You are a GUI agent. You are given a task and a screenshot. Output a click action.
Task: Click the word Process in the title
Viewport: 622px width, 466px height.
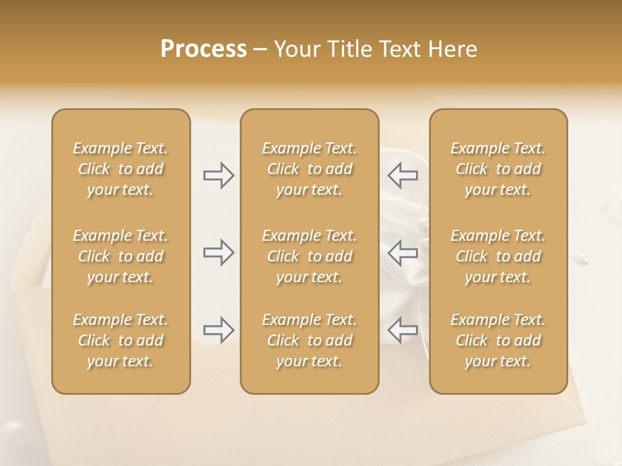click(x=203, y=49)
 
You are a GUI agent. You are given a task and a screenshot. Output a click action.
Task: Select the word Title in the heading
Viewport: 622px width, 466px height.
click(x=349, y=49)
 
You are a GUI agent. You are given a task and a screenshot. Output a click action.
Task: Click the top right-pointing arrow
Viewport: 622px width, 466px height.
click(x=219, y=175)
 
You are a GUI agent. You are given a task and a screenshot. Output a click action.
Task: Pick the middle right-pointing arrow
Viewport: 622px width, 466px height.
click(x=219, y=252)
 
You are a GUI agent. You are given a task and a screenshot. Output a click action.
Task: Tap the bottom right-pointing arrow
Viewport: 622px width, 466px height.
click(x=219, y=330)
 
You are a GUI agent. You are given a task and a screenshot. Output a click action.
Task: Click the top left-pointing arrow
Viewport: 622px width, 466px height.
click(x=403, y=175)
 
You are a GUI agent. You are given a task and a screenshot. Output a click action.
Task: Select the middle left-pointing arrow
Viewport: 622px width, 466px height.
click(x=403, y=252)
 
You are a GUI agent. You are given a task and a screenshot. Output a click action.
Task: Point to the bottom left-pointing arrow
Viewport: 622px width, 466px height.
click(x=403, y=330)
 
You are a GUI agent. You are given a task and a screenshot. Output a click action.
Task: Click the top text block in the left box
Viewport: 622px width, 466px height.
click(x=121, y=169)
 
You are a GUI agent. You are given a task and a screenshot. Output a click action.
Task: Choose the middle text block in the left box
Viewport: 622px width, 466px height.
click(x=121, y=256)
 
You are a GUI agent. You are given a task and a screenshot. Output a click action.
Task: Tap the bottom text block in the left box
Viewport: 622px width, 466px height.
click(x=121, y=340)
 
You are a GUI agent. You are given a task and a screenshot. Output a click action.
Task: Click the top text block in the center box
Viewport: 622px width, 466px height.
click(x=309, y=169)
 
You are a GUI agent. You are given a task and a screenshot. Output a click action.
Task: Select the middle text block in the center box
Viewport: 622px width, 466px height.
click(x=309, y=256)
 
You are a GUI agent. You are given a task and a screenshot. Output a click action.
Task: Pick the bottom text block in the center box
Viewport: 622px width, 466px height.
click(x=309, y=340)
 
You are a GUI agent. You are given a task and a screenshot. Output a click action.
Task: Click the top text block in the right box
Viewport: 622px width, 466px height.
click(x=498, y=169)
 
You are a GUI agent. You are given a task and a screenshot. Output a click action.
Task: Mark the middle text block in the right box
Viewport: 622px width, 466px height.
click(x=498, y=256)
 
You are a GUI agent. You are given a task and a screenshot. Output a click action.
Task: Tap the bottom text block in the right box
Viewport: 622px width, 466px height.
click(x=498, y=340)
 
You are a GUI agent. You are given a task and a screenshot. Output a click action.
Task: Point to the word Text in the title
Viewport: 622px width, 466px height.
click(x=400, y=49)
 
